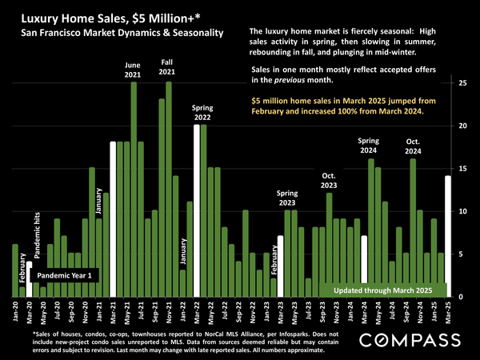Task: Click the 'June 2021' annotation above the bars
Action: (133, 70)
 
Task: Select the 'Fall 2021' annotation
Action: (168, 66)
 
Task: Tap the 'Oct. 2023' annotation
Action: (328, 181)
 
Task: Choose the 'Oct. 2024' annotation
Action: (413, 146)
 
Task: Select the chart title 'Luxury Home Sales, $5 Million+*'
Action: (101, 17)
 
